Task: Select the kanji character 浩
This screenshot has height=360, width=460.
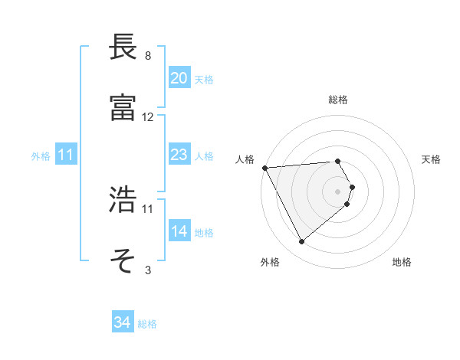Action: (123, 201)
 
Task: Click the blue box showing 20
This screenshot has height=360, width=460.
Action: (179, 78)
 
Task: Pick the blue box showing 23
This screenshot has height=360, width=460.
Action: (179, 155)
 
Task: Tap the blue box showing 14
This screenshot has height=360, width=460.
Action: (179, 231)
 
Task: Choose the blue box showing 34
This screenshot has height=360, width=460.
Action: (122, 322)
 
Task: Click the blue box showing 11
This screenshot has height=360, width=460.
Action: (66, 155)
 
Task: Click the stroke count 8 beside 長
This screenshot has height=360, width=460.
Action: (148, 56)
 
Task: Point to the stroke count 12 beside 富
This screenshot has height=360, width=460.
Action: (148, 117)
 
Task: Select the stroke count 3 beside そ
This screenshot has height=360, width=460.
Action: (148, 270)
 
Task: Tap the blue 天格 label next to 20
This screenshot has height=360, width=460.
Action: (204, 79)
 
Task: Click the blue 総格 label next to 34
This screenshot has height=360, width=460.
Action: (147, 323)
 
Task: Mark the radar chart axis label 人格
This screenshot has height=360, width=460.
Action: (245, 159)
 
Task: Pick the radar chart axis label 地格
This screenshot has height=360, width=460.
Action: (402, 262)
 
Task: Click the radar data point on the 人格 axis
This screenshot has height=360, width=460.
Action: (264, 168)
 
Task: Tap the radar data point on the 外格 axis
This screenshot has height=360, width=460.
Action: (301, 242)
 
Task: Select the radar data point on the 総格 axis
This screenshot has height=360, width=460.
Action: (337, 161)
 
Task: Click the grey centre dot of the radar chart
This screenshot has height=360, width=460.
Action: (337, 191)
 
